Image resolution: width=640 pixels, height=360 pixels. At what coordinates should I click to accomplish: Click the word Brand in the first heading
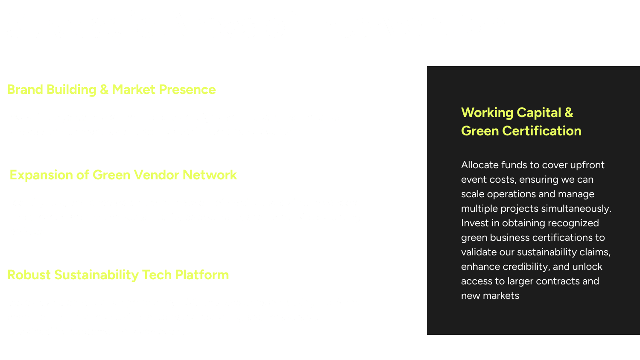(25, 89)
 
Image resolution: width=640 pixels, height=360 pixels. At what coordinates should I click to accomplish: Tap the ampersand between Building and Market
(104, 89)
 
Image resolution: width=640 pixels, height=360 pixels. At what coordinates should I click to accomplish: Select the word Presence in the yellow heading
(187, 89)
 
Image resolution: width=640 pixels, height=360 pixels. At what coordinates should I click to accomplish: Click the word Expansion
(41, 175)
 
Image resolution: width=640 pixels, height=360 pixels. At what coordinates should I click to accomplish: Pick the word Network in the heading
(210, 175)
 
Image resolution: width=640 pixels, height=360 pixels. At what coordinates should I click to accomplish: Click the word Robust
(29, 275)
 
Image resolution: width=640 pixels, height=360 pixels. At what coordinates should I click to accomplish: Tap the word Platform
(202, 275)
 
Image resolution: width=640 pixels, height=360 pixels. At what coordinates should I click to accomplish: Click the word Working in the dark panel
(487, 113)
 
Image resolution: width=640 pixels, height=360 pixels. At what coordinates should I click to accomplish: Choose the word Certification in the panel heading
(542, 131)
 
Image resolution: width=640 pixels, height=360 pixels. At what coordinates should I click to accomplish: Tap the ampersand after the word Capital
(569, 113)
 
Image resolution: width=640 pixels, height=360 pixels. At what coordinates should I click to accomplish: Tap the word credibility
(526, 267)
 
